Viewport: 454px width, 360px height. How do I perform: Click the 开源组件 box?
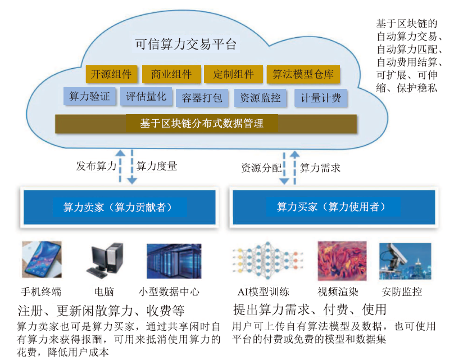pyautogui.click(x=111, y=74)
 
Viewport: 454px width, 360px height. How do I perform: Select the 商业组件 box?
pyautogui.click(x=171, y=74)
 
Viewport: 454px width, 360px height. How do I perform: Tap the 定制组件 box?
pyautogui.click(x=233, y=74)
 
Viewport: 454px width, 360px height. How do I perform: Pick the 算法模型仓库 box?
pyautogui.click(x=303, y=74)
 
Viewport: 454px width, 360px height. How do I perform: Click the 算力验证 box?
pyautogui.click(x=90, y=96)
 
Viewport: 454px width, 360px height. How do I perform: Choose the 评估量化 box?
pyautogui.click(x=146, y=96)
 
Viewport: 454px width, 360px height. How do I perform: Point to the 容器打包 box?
pyautogui.click(x=202, y=98)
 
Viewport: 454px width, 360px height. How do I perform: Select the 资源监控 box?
pyautogui.click(x=260, y=98)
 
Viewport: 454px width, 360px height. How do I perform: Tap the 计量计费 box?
pyautogui.click(x=321, y=98)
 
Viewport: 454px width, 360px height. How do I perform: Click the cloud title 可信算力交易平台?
pyautogui.click(x=185, y=44)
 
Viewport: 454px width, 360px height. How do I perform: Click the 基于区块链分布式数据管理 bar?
pyautogui.click(x=206, y=124)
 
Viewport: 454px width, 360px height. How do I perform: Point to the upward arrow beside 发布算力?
pyautogui.click(x=120, y=166)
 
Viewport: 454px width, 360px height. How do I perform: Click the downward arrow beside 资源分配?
pyautogui.click(x=284, y=168)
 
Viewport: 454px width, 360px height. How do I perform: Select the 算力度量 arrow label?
pyautogui.click(x=156, y=166)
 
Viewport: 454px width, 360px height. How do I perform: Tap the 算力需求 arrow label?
pyautogui.click(x=320, y=168)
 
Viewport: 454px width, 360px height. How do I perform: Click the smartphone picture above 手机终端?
pyautogui.click(x=42, y=260)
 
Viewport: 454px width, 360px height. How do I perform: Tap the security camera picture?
pyautogui.click(x=405, y=261)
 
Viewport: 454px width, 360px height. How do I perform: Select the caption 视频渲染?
pyautogui.click(x=338, y=291)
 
